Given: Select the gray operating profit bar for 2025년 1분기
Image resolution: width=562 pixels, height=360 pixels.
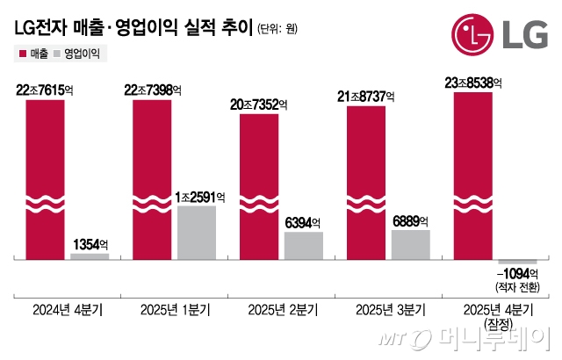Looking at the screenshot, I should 198,233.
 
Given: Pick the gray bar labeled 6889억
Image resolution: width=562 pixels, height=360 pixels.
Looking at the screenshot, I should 411,245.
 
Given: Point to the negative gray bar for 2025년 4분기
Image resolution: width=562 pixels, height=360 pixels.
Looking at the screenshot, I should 517,263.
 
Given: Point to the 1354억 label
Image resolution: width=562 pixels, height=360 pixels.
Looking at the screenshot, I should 90,243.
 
